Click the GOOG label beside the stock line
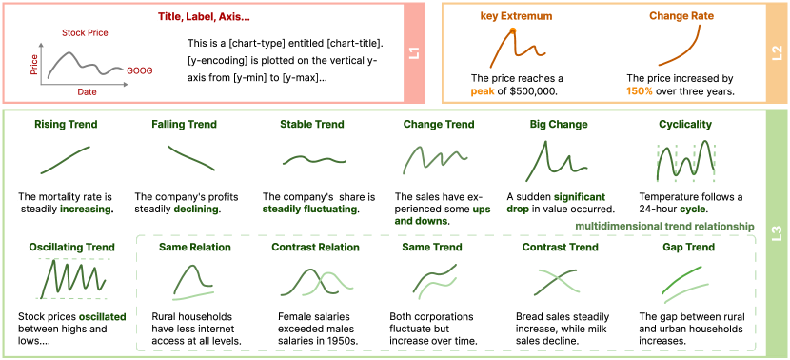(140, 71)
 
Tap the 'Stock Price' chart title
(85, 33)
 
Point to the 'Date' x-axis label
(88, 92)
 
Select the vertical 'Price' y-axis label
(34, 65)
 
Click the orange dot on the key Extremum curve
(512, 31)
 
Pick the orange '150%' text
(638, 91)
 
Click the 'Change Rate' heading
(681, 16)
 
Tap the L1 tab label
(416, 53)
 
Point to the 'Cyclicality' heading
(685, 124)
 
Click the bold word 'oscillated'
(102, 317)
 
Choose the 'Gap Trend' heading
(689, 247)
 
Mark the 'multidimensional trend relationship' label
(664, 227)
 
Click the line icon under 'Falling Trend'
(191, 158)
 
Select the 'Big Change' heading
(559, 124)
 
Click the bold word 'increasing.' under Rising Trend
(88, 209)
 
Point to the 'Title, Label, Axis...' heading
(204, 16)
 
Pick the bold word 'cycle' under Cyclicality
(698, 209)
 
